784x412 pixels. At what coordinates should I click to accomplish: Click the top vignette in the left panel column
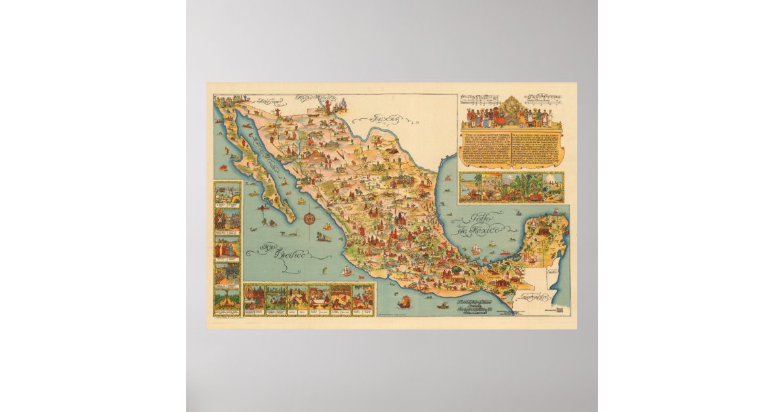coord(227,194)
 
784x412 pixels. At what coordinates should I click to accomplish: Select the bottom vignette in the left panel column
coord(227,299)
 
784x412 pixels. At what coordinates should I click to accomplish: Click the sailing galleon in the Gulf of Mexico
coord(476,249)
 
